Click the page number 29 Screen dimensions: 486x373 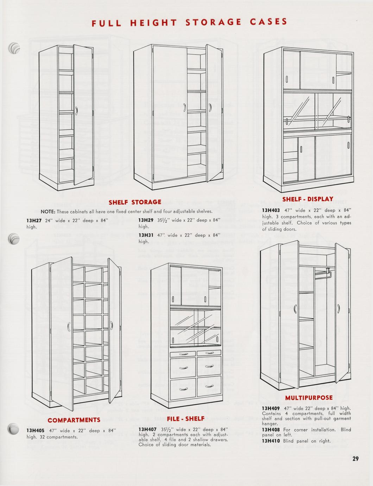pyautogui.click(x=355, y=459)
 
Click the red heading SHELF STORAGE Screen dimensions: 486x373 pyautogui.click(x=135, y=202)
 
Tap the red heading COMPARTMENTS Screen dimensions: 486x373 pyautogui.click(x=74, y=420)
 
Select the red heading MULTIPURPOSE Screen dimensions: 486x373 pyautogui.click(x=309, y=398)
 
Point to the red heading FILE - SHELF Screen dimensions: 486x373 pyautogui.click(x=185, y=419)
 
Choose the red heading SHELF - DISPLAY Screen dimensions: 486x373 pyautogui.click(x=308, y=199)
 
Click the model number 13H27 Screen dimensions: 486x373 pyautogui.click(x=34, y=220)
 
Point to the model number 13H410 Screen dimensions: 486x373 pyautogui.click(x=271, y=441)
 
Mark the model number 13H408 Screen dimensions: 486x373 pyautogui.click(x=271, y=430)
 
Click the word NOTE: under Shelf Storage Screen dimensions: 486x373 pyautogui.click(x=48, y=212)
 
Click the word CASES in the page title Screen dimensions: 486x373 pyautogui.click(x=268, y=22)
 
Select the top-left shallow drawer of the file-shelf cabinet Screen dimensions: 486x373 pyautogui.click(x=183, y=354)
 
